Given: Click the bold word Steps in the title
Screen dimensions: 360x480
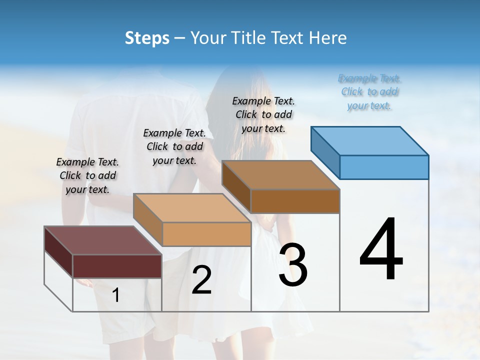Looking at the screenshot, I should pos(147,38).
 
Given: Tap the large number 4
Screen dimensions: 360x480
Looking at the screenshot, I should pos(381,249).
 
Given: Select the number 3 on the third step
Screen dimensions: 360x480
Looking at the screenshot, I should pos(293,265).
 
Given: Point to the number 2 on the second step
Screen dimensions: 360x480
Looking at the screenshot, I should pos(201,280).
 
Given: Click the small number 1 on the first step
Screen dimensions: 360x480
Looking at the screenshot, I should pos(116,295).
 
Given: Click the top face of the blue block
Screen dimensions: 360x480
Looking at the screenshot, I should pos(369,140).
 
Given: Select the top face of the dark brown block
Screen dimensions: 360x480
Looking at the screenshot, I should pos(280,175).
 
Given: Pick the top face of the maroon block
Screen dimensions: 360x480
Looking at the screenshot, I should pos(102,240).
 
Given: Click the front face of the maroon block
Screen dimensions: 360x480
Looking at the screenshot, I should pos(117,266).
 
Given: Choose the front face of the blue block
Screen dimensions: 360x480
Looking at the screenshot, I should pos(384,167).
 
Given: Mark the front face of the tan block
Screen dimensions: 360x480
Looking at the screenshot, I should pos(206,234).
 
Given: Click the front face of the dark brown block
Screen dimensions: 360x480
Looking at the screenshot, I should pos(295,201).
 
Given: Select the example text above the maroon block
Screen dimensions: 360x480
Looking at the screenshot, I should pos(87,175).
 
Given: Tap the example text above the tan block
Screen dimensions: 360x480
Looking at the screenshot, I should pos(174,146).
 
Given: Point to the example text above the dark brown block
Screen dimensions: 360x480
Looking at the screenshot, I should pos(263,114).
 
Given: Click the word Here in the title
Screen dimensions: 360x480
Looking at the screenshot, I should pos(329,38).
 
